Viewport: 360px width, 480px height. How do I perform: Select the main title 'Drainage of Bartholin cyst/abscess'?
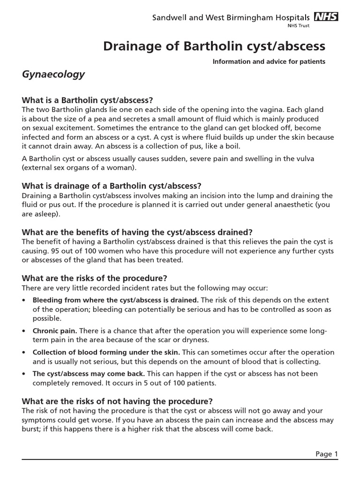pyautogui.click(x=214, y=46)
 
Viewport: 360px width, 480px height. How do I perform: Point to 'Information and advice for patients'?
pyautogui.click(x=269, y=61)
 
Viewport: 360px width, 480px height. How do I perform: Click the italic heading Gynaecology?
pyautogui.click(x=53, y=74)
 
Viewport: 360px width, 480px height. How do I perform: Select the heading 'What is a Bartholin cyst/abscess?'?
pyautogui.click(x=88, y=101)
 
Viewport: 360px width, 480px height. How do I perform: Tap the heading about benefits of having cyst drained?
pyautogui.click(x=137, y=232)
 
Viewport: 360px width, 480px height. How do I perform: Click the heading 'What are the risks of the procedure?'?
pyautogui.click(x=95, y=278)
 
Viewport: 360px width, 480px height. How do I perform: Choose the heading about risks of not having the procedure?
pyautogui.click(x=117, y=401)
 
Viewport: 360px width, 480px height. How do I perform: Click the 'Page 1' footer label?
pyautogui.click(x=326, y=454)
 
